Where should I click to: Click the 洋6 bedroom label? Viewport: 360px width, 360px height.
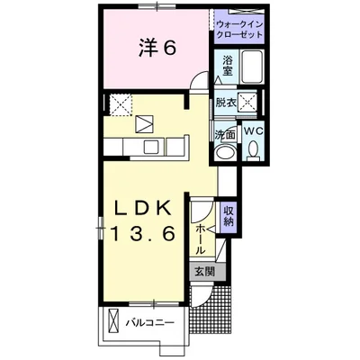[157, 48]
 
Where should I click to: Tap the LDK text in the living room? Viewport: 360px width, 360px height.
[144, 206]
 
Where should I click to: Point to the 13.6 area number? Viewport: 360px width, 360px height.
[143, 234]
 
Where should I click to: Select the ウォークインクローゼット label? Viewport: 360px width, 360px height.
[239, 29]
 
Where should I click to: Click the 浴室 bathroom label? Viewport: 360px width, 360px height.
[227, 66]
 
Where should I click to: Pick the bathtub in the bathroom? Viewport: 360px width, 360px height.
[253, 67]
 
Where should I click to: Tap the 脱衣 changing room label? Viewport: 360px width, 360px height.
[226, 103]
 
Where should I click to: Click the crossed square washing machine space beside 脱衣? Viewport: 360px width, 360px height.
[247, 102]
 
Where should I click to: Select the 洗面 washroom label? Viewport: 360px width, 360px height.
[224, 135]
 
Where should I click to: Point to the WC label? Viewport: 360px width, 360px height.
[254, 131]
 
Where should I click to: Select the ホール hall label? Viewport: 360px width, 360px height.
[201, 240]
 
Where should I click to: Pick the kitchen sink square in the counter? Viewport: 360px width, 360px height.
[149, 147]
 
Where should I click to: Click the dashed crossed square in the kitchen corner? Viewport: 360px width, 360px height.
[121, 104]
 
